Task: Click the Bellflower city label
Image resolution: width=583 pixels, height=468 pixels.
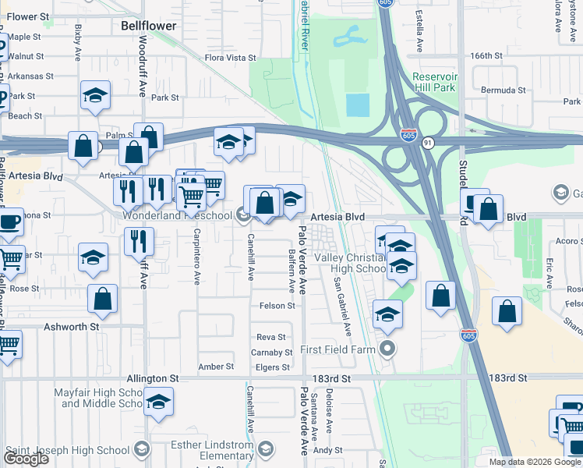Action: (x=149, y=26)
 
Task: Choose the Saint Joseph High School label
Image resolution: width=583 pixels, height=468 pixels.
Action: (x=67, y=450)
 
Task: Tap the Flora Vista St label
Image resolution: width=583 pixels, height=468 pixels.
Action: (x=230, y=58)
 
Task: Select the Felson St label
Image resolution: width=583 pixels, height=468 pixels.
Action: (x=278, y=307)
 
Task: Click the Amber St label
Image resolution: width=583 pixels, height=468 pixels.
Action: (x=216, y=367)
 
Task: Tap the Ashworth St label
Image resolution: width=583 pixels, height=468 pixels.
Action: (x=71, y=328)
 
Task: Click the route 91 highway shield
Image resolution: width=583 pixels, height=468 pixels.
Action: (x=429, y=143)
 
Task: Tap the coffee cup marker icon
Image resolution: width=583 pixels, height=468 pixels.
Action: (x=9, y=222)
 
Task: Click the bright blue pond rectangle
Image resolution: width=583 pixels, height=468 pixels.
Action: (x=357, y=105)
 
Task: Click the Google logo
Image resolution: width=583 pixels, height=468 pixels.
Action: (x=26, y=459)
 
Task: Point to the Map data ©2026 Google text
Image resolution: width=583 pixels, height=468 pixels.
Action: (x=534, y=462)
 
